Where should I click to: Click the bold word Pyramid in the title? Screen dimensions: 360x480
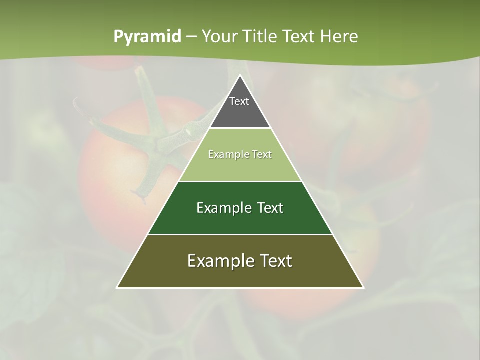(x=147, y=37)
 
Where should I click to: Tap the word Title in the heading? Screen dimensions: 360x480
(x=260, y=37)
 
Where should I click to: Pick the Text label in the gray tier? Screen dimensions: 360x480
(x=239, y=101)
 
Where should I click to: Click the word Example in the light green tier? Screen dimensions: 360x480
(x=225, y=154)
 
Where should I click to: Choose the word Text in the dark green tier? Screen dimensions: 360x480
(x=270, y=208)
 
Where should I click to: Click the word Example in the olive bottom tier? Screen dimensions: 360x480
(x=218, y=261)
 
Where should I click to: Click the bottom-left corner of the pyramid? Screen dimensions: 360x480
(x=117, y=287)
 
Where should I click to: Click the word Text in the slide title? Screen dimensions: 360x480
(x=299, y=37)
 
